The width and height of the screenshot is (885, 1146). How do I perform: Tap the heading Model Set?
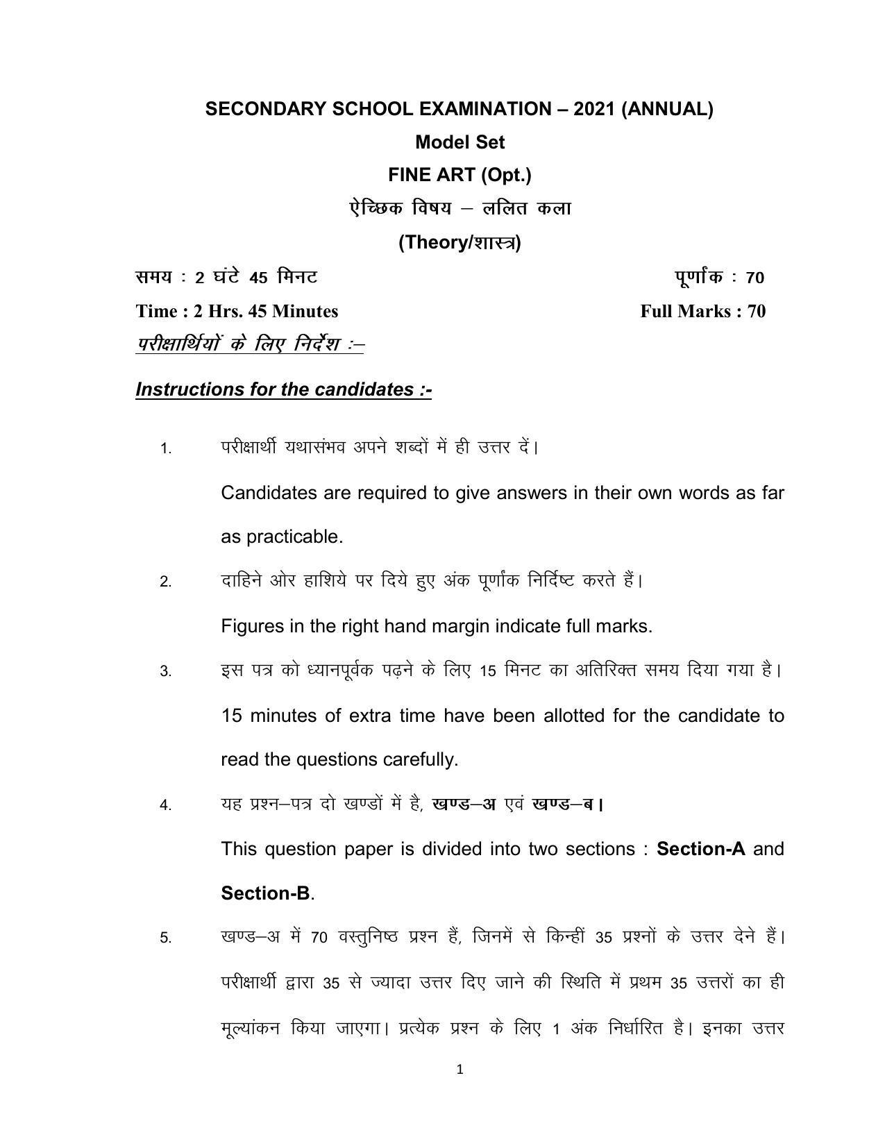(x=460, y=142)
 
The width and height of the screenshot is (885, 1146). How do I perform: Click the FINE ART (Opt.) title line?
(x=460, y=175)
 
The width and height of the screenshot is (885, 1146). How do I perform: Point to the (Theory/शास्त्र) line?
(x=460, y=242)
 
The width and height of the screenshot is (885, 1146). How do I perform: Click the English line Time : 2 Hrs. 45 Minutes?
(x=237, y=311)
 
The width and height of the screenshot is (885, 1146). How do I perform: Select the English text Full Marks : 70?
(x=702, y=311)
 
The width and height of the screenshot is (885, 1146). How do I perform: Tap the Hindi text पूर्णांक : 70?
(x=719, y=277)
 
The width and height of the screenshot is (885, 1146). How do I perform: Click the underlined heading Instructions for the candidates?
(x=284, y=389)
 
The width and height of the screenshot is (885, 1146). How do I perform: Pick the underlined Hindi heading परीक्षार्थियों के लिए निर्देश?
(x=250, y=344)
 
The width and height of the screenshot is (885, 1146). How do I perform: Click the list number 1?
(x=165, y=449)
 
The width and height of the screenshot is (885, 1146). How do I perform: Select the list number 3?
(x=165, y=672)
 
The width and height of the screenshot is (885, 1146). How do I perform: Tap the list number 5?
(x=165, y=938)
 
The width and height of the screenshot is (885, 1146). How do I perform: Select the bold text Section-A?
(x=700, y=849)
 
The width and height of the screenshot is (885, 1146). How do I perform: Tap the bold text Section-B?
(x=265, y=893)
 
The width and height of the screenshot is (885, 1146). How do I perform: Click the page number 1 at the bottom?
(x=460, y=1070)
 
